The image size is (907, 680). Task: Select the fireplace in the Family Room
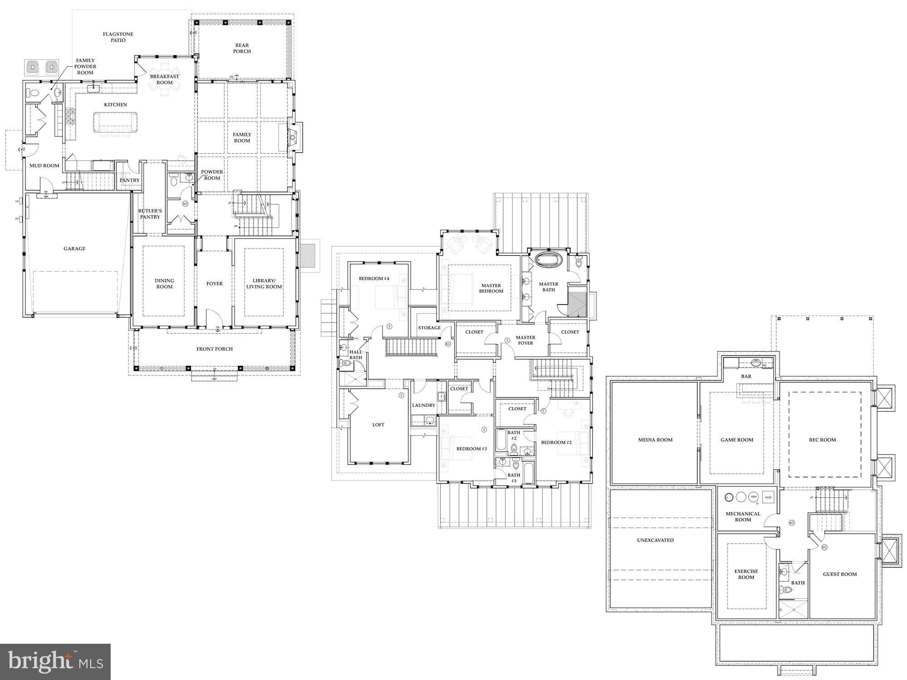point(293,136)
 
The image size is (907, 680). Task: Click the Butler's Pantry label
point(150,214)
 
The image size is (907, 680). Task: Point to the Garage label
point(74,248)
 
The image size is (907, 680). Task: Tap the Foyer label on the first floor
point(215,284)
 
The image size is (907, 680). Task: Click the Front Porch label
point(215,349)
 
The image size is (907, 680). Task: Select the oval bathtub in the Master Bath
point(549,261)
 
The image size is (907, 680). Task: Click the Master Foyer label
point(525,340)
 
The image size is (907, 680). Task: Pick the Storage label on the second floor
point(429,328)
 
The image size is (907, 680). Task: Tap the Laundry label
point(424,405)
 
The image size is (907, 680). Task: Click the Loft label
point(378,425)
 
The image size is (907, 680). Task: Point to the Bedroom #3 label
point(472,449)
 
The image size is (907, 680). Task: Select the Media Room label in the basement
point(655,440)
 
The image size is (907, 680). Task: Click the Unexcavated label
point(655,540)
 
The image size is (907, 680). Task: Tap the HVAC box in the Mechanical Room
point(768,497)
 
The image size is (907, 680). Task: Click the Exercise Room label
point(746,574)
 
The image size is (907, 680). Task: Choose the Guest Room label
point(840,574)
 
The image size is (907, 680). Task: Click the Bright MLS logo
point(55,661)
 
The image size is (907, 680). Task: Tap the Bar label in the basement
point(746,376)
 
